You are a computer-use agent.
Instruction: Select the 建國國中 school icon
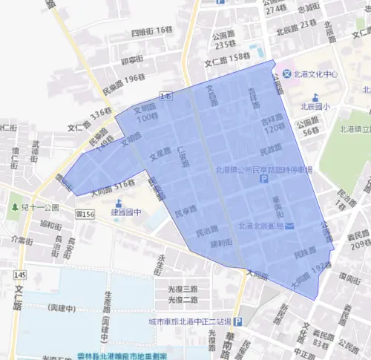pos(119,203)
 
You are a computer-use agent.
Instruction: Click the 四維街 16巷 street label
pos(151,31)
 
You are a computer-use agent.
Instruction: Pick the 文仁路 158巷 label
pos(228,59)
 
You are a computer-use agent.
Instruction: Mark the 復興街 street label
pos(350,277)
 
